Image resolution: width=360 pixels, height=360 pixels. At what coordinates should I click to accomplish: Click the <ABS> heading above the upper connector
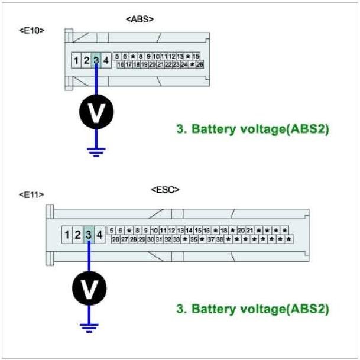coord(140,19)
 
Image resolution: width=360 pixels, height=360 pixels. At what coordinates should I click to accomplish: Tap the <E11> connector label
coord(32,194)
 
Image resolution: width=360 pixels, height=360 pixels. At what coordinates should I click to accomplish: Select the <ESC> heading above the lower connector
coord(166,190)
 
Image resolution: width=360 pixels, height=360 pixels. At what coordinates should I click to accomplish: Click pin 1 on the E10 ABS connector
coord(77,60)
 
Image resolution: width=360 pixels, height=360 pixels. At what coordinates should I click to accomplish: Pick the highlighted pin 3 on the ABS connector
coord(96,60)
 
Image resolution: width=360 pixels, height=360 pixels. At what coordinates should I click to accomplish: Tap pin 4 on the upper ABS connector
coord(105,60)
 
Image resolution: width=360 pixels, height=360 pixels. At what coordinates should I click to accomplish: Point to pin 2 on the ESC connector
coord(77,235)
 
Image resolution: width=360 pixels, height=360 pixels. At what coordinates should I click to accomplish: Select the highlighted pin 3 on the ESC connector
coord(89,235)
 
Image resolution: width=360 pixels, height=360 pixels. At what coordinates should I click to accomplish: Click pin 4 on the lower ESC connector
coord(99,235)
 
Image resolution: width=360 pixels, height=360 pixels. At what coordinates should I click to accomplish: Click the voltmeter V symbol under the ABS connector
coord(97,111)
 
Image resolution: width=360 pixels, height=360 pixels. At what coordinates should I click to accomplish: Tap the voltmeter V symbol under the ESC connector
coord(89,288)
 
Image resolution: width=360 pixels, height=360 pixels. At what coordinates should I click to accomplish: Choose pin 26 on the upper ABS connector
coord(200,64)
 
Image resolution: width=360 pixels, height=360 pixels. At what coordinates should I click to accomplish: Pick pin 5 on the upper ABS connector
coord(118,56)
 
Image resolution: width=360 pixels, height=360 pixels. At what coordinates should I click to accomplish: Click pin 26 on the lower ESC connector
coord(115,239)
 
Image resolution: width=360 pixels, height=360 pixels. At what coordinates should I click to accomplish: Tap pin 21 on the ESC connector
coord(249,231)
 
